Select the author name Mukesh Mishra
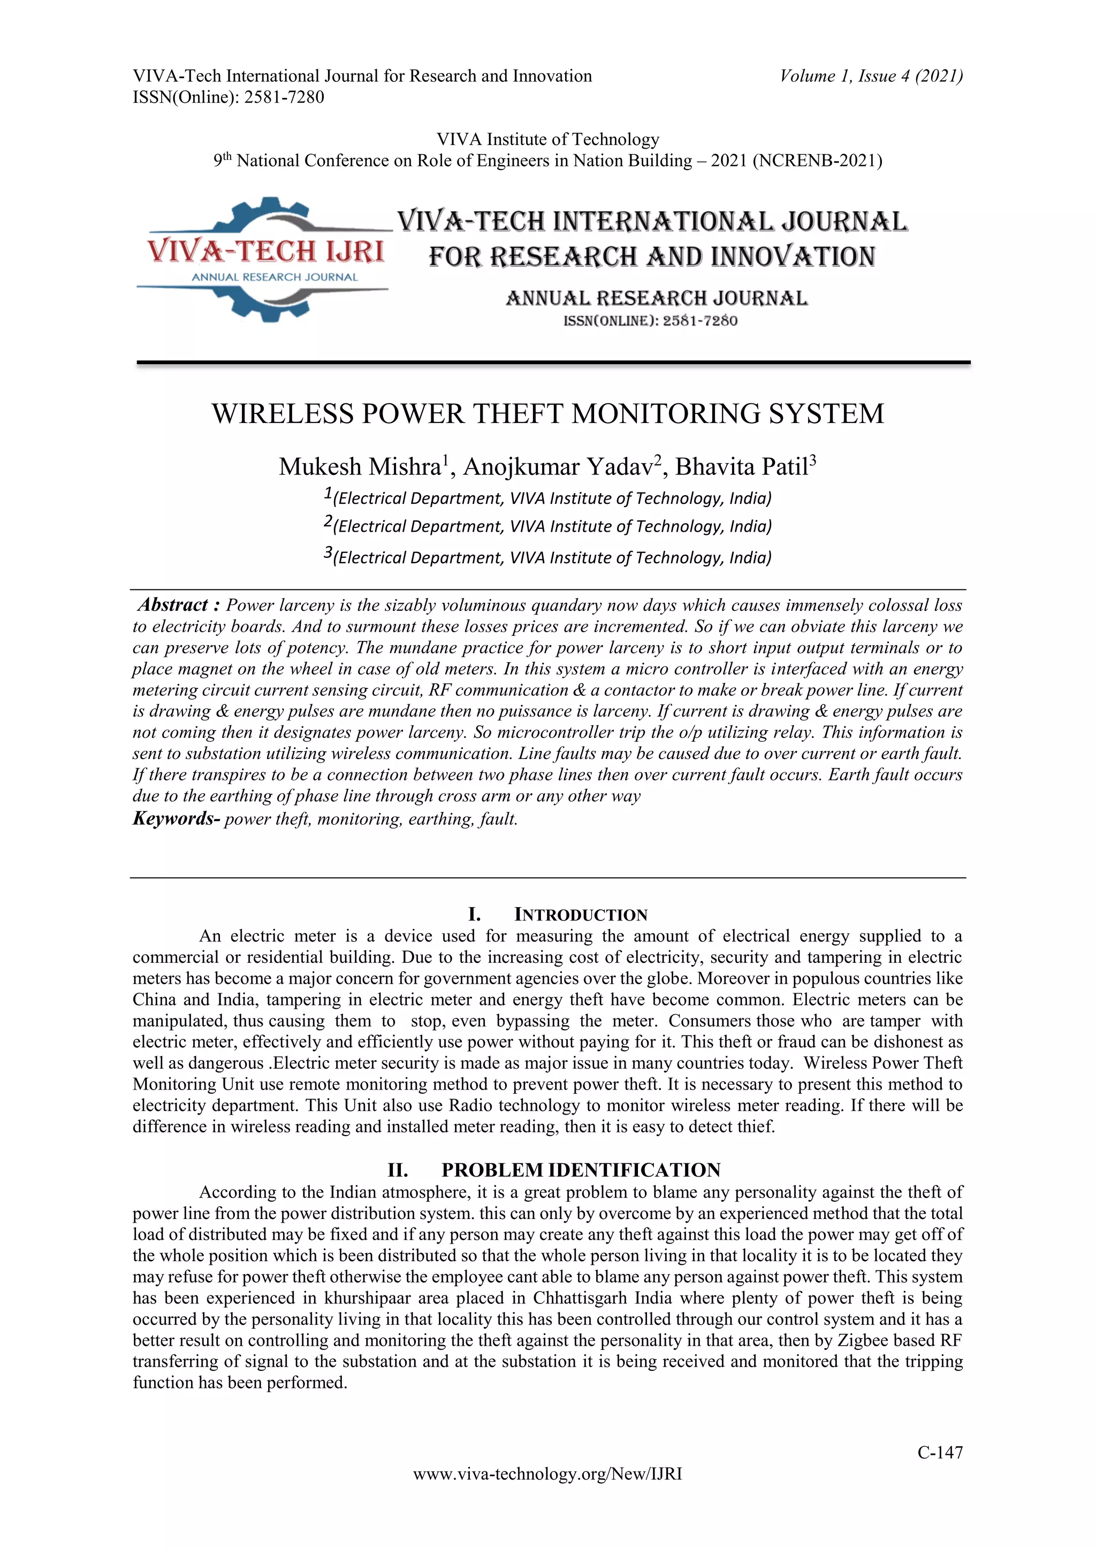pos(360,467)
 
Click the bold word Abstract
pos(173,604)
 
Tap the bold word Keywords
pos(173,819)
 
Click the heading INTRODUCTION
pos(581,915)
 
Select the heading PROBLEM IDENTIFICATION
pos(581,1170)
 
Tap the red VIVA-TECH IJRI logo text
pos(265,251)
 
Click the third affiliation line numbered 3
pos(547,557)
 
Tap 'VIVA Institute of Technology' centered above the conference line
pos(547,139)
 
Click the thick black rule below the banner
pos(553,363)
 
